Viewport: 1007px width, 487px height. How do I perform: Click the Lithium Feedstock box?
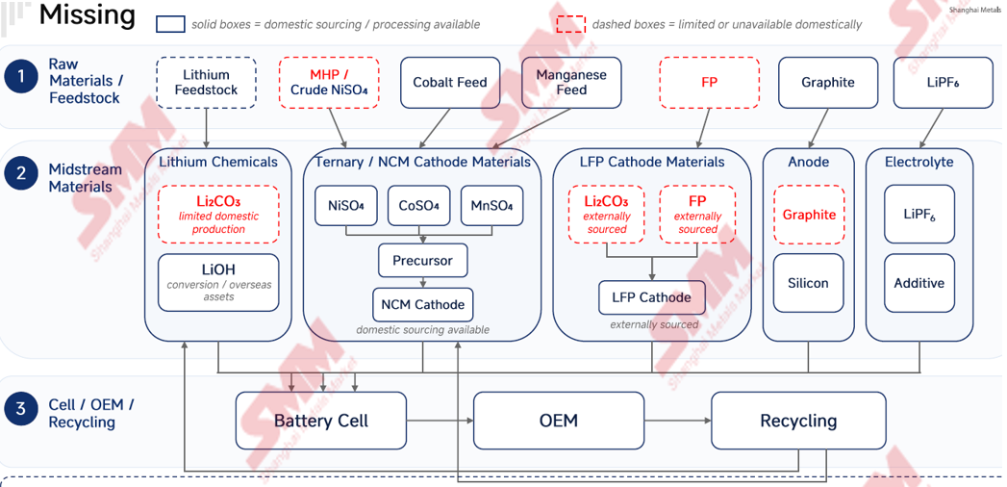(x=206, y=82)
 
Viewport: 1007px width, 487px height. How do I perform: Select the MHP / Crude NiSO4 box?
(x=329, y=82)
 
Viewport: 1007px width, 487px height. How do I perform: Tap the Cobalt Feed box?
(x=449, y=82)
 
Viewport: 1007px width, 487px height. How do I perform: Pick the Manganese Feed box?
(x=571, y=82)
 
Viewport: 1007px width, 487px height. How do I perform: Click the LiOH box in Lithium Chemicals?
(x=218, y=282)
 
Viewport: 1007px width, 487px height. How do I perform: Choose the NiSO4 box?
(x=345, y=206)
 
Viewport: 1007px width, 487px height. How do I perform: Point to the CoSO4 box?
(x=418, y=206)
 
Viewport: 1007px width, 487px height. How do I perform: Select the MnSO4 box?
(x=491, y=206)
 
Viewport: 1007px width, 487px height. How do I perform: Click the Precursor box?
(x=422, y=260)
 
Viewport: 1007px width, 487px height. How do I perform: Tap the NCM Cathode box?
(x=422, y=304)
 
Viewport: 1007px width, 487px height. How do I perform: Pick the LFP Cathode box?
(x=652, y=297)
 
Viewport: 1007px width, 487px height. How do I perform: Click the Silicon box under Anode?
(x=809, y=283)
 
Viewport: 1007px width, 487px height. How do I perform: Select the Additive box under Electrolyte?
(x=919, y=283)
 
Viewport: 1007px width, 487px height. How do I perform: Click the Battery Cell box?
(x=321, y=421)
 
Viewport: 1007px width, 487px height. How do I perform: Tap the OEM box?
(x=559, y=421)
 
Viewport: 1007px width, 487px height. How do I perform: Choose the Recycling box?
(x=798, y=421)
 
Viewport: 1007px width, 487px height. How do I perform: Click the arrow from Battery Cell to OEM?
(x=440, y=421)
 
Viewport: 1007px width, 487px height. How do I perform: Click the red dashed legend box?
(x=571, y=24)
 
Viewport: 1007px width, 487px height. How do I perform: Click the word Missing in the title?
(x=88, y=15)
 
